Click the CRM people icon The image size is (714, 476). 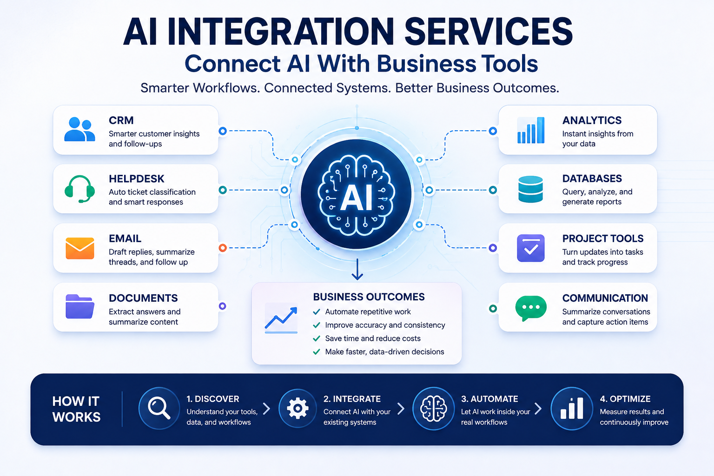tap(79, 129)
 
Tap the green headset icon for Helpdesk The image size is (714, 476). tap(79, 189)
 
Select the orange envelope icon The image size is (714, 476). tap(79, 248)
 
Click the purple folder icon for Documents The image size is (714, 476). tap(79, 306)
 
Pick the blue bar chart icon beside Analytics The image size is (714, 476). tap(531, 130)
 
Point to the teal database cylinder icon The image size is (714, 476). tap(531, 189)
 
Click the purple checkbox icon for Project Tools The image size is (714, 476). tap(531, 248)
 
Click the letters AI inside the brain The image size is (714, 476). tap(357, 198)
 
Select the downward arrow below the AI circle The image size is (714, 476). tap(357, 270)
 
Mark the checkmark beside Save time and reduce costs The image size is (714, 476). tap(317, 338)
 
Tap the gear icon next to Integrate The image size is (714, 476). tap(297, 408)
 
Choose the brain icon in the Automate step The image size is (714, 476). tap(433, 409)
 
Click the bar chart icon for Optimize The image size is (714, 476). tap(572, 408)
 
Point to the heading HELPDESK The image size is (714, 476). tap(136, 179)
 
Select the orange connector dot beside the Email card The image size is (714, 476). tap(223, 248)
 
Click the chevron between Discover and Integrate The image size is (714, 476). tap(266, 409)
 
